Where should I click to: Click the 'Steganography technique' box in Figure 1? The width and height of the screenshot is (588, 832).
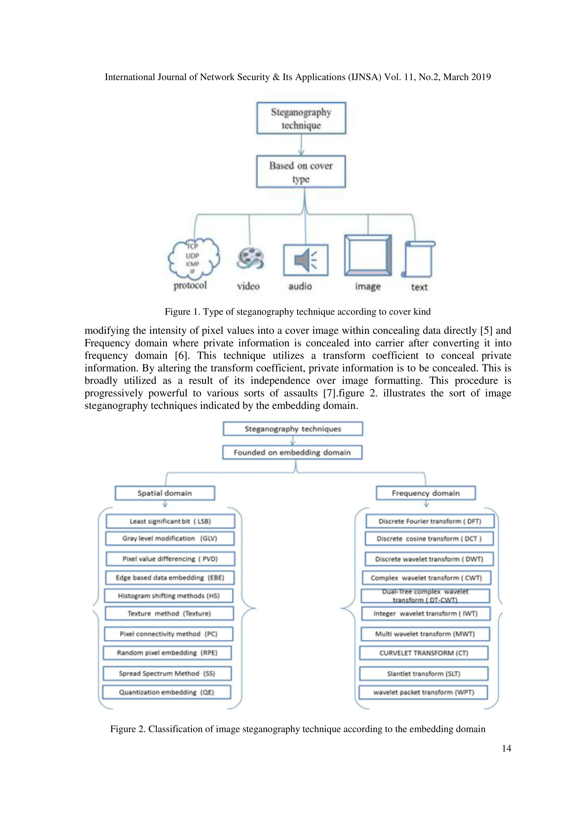[301, 118]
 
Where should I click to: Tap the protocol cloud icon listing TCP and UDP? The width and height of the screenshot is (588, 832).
[194, 259]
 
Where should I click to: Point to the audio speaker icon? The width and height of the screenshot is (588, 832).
[306, 260]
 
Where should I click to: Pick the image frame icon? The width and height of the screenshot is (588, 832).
[368, 255]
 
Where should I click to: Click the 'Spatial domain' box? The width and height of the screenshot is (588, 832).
[165, 493]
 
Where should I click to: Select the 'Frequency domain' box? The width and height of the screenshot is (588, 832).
[426, 493]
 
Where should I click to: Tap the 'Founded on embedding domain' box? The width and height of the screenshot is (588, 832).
[292, 452]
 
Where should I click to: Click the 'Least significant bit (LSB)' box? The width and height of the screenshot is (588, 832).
[170, 521]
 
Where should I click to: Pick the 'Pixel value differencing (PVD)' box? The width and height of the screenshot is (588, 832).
[170, 559]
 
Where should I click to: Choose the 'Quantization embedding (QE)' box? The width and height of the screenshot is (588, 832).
[167, 692]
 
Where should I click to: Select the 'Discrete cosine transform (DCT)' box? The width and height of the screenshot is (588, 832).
[429, 539]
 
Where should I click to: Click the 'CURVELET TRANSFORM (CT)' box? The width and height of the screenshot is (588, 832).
[424, 653]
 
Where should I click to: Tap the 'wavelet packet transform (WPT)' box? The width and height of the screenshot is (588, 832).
[423, 692]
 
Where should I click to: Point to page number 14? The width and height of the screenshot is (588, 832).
[506, 748]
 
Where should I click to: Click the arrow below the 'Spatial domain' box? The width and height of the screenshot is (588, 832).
[165, 504]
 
